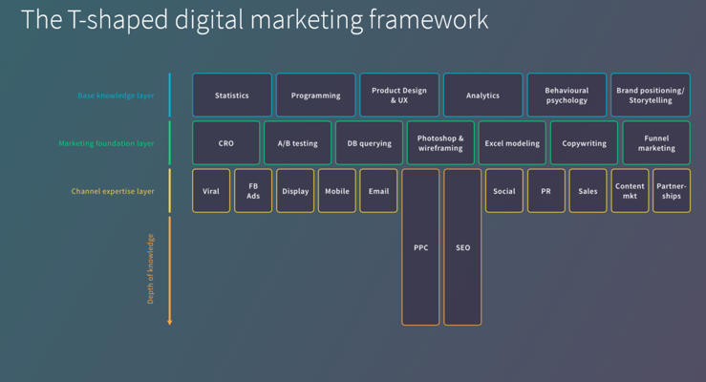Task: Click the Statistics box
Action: click(x=232, y=95)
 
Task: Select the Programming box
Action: click(x=315, y=95)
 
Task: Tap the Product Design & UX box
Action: click(x=399, y=95)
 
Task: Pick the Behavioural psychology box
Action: click(x=567, y=95)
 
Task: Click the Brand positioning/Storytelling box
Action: click(x=651, y=95)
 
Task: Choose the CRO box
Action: click(x=225, y=143)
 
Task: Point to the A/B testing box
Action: click(x=297, y=143)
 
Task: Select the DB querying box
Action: click(x=369, y=143)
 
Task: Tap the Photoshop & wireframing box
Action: click(x=440, y=143)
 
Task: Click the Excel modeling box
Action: click(x=512, y=143)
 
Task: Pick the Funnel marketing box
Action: click(x=656, y=143)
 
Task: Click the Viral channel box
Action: click(x=211, y=191)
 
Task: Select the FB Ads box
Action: click(x=253, y=191)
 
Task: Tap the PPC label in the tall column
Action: click(x=421, y=248)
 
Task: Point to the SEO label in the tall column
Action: click(x=463, y=248)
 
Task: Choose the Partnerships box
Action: click(x=672, y=191)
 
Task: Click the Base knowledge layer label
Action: click(x=116, y=95)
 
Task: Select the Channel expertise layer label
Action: click(x=113, y=191)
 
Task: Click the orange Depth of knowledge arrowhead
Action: click(x=170, y=322)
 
